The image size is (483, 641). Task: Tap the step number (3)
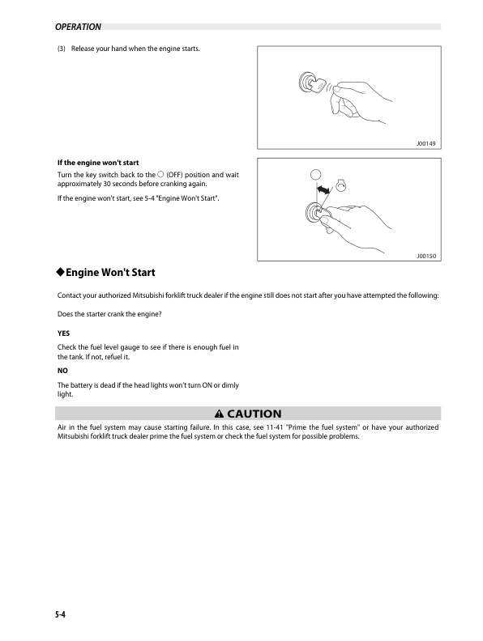[x=62, y=49]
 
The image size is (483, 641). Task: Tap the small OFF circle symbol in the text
[x=160, y=175]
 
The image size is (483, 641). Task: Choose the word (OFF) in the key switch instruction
[x=177, y=175]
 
